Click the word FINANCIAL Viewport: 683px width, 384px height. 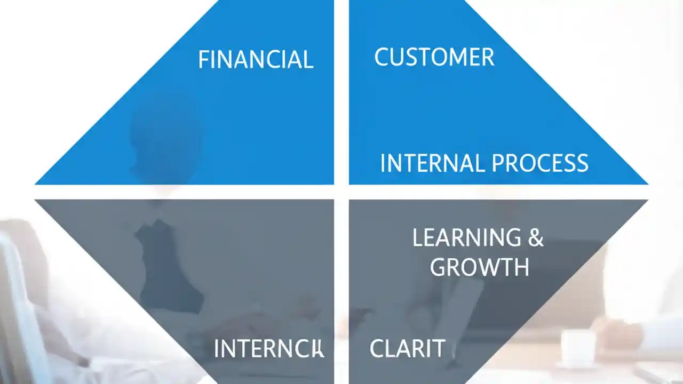point(256,60)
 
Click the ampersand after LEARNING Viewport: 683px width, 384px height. point(536,238)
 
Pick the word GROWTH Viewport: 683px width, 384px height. point(479,267)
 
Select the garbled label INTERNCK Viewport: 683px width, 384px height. point(268,349)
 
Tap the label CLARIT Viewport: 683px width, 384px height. point(407,349)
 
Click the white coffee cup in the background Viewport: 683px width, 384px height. point(577,347)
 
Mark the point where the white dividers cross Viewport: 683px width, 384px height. point(341,192)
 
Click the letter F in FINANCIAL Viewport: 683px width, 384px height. point(203,60)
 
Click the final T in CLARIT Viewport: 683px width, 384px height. point(439,349)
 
